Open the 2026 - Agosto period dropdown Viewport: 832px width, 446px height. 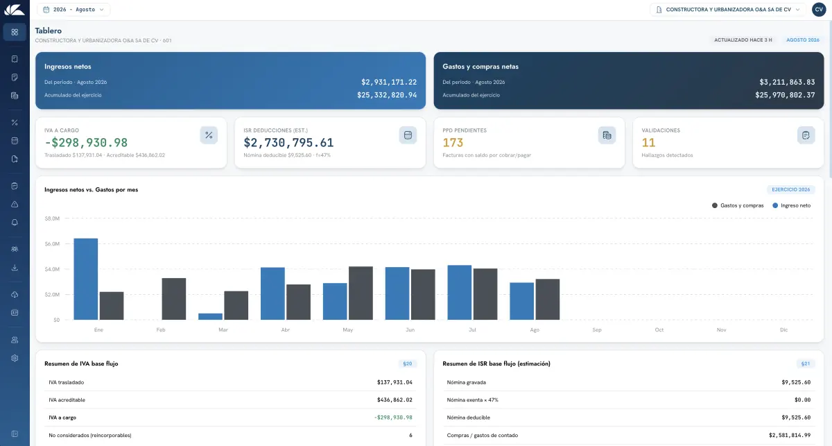tap(73, 10)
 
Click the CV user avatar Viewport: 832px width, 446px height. tap(819, 10)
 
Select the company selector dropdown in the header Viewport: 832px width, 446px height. tap(727, 10)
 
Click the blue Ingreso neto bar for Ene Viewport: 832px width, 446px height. tap(86, 279)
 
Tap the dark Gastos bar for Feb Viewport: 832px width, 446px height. tap(174, 299)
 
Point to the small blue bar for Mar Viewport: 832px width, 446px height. tap(210, 317)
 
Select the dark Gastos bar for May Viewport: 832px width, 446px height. tap(361, 293)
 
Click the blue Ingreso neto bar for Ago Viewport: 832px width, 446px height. tap(521, 301)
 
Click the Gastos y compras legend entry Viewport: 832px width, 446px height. tap(738, 205)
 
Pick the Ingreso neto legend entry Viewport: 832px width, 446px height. tap(792, 205)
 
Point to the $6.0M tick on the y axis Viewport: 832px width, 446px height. tap(52, 244)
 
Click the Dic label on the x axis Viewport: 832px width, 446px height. tap(783, 329)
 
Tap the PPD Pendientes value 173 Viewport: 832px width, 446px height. tap(453, 143)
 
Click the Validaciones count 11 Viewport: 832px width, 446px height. tap(648, 143)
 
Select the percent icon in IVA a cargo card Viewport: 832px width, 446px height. tap(209, 135)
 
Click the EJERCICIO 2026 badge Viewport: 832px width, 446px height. tap(791, 189)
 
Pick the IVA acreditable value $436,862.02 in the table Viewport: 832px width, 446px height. tap(395, 400)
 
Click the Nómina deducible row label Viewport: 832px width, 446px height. tap(469, 418)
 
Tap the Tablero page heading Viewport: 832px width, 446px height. tap(49, 31)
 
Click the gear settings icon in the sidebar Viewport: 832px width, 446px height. tap(15, 358)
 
